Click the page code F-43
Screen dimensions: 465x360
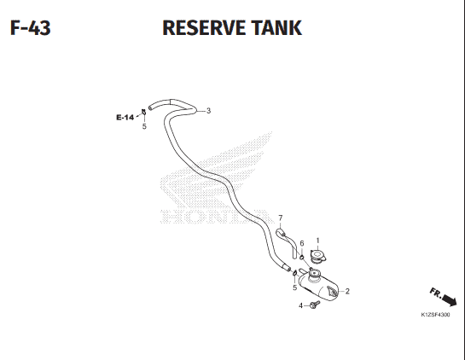tap(30, 28)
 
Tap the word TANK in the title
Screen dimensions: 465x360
tap(276, 28)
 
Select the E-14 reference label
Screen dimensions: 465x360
tap(125, 118)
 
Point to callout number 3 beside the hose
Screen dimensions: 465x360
tap(208, 111)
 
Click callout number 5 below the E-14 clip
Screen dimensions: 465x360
tap(144, 126)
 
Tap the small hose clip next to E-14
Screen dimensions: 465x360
tap(143, 112)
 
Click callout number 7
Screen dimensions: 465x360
tap(281, 218)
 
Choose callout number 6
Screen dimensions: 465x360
tap(302, 243)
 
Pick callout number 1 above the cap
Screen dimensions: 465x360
tap(318, 241)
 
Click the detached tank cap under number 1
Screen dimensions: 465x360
tap(318, 256)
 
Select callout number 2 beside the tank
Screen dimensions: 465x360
tap(347, 291)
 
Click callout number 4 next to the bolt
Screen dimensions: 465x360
tap(300, 305)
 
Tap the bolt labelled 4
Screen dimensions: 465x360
tap(315, 305)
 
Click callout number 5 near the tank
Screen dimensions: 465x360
tap(294, 287)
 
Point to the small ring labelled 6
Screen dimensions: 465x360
tap(301, 257)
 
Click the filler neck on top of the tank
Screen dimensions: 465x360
tap(313, 274)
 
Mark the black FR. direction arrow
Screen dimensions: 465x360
tap(450, 300)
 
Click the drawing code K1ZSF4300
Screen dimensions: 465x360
tap(435, 315)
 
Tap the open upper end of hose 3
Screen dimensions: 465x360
tap(150, 108)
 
